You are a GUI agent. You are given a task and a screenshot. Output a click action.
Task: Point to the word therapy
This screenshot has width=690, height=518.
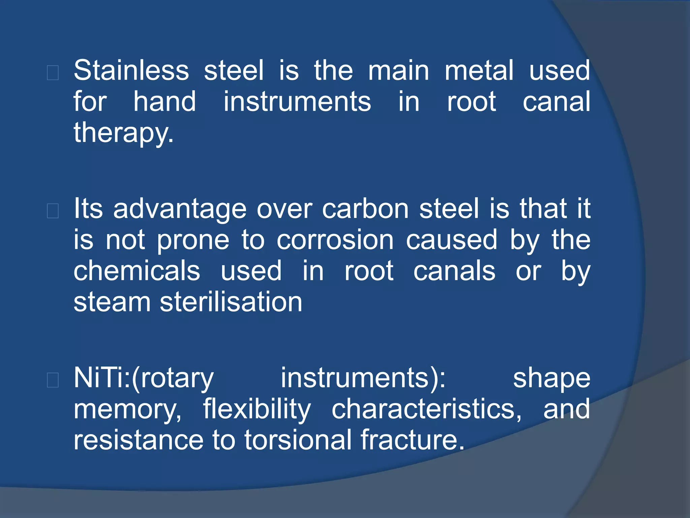tap(123, 133)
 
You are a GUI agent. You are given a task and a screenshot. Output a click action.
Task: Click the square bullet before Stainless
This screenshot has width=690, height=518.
tap(53, 73)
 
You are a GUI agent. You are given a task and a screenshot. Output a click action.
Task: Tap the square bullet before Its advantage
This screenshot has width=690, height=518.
tap(53, 211)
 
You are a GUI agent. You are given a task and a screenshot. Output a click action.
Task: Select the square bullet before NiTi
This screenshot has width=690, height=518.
tap(53, 380)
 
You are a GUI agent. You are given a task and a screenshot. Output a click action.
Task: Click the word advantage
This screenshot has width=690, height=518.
tap(180, 209)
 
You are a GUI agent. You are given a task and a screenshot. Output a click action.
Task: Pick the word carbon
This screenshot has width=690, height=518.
tap(365, 209)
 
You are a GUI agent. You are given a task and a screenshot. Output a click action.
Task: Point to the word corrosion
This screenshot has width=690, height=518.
tap(335, 240)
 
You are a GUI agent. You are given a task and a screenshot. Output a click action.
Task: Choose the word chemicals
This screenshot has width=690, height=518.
tap(137, 271)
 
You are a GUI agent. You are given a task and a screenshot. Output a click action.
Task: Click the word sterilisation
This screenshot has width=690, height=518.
tap(231, 302)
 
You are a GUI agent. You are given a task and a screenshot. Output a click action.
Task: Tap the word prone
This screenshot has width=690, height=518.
tap(193, 240)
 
